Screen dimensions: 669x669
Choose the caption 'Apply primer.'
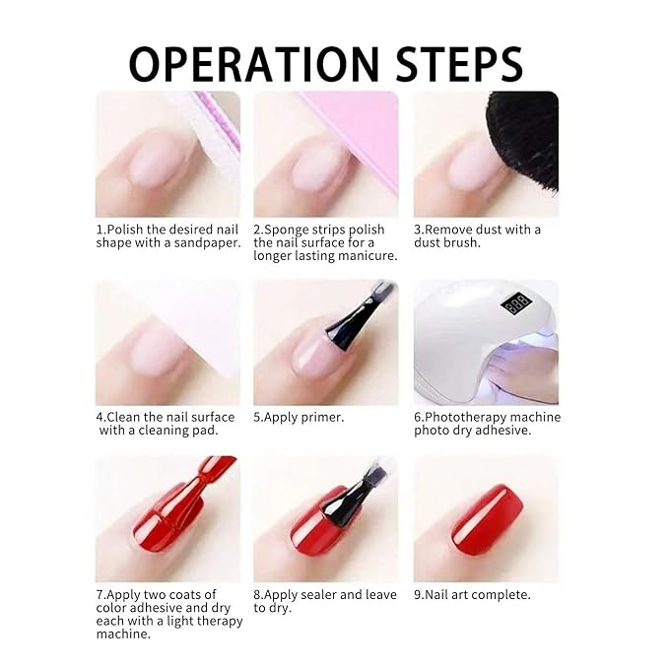click(299, 417)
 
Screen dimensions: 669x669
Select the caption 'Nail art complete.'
click(472, 595)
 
